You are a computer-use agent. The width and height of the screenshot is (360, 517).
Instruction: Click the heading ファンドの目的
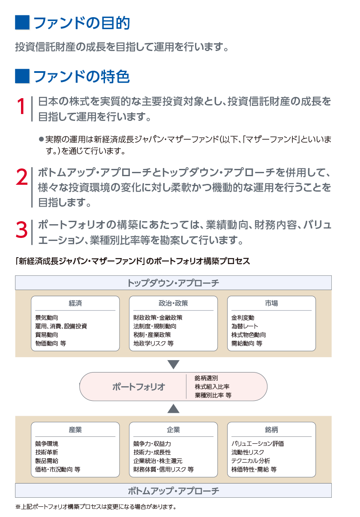pos(82,23)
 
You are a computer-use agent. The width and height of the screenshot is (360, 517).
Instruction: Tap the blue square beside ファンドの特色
pos(22,76)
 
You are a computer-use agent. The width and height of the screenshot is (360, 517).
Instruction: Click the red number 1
pos(21,106)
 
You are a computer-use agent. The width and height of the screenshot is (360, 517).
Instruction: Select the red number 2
pos(22,177)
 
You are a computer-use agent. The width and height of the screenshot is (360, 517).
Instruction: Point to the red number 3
pos(22,230)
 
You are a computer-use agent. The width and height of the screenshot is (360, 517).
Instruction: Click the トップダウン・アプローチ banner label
pos(173,283)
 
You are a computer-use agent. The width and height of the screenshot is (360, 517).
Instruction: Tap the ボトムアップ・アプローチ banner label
pos(173,491)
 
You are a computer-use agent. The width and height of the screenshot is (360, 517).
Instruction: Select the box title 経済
pos(75,303)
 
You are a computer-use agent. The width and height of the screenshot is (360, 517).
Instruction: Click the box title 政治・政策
pos(173,303)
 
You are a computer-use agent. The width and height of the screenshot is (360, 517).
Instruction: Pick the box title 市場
pos(271,303)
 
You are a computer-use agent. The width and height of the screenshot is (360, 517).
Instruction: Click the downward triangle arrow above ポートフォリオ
pos(173,364)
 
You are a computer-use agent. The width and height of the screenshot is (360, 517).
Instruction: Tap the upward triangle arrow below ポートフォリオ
pos(173,409)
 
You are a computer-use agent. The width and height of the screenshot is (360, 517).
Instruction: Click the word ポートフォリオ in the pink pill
pos(139,387)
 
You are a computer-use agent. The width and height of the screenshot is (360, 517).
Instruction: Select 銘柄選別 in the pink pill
pos(206,378)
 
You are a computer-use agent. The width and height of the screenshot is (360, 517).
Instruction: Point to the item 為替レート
pos(245,326)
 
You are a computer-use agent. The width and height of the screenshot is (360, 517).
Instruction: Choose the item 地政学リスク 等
pos(153,343)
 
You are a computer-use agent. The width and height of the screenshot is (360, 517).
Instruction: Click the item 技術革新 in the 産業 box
pos(47,452)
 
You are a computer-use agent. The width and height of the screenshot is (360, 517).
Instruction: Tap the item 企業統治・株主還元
pos(158,461)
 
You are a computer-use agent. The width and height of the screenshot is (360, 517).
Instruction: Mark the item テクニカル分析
pos(251,461)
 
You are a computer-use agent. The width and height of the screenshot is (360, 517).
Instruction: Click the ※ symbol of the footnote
pos(18,507)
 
